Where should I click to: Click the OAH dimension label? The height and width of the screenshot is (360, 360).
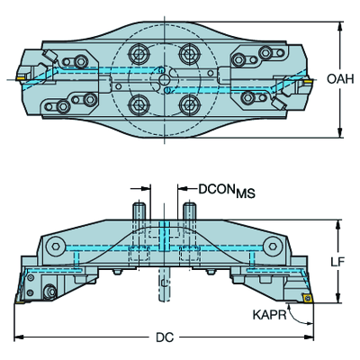click(x=340, y=79)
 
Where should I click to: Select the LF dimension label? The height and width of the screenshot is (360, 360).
click(x=338, y=262)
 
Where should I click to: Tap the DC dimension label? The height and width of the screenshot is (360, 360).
click(x=165, y=337)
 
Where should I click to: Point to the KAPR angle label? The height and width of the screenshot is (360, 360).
click(x=270, y=315)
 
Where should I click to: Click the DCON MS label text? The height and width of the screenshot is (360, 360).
click(x=227, y=191)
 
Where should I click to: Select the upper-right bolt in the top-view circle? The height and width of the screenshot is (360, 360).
click(x=189, y=54)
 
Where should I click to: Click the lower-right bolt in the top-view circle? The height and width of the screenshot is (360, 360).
click(x=189, y=103)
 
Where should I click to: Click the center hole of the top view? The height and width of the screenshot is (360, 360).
click(x=164, y=79)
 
